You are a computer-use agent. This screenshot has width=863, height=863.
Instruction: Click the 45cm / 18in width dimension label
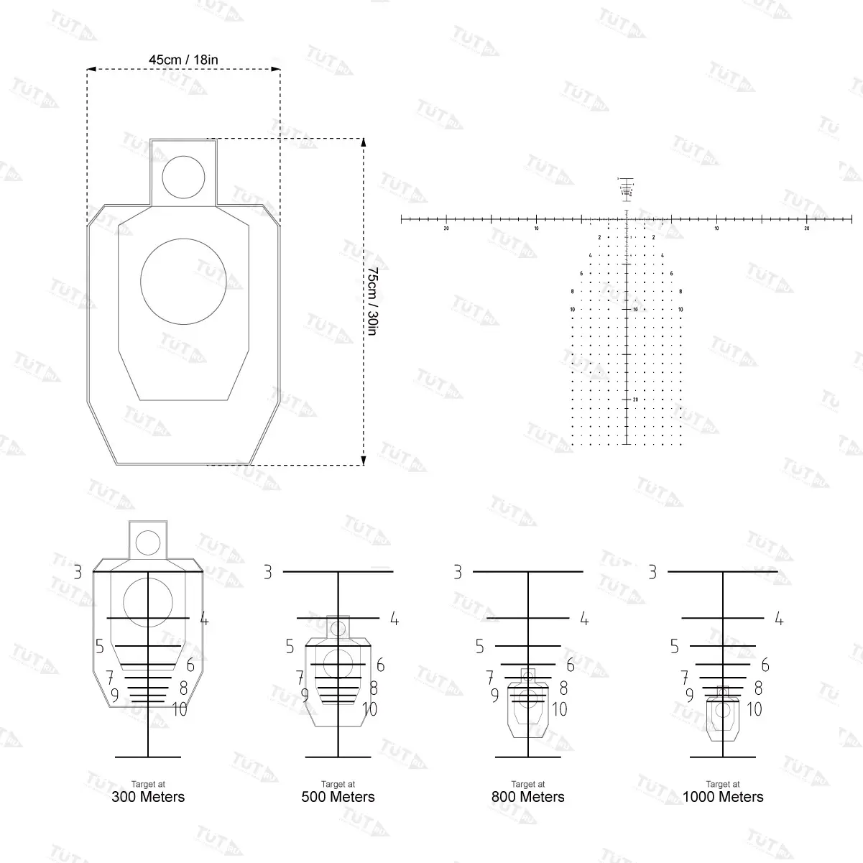(183, 60)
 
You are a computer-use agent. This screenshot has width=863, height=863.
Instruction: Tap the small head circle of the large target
(184, 177)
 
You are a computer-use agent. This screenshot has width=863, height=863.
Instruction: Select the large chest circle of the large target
(183, 281)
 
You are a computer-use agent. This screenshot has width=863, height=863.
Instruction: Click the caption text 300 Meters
(148, 797)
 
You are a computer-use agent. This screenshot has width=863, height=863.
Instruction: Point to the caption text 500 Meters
(338, 797)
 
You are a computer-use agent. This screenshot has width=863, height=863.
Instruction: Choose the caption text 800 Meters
(527, 797)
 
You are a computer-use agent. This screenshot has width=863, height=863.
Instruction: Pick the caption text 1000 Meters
(722, 797)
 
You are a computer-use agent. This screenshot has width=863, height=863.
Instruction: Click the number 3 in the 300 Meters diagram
(78, 573)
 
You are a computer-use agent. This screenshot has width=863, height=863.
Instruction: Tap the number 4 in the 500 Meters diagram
(394, 619)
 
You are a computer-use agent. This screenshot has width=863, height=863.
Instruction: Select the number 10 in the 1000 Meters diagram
(754, 709)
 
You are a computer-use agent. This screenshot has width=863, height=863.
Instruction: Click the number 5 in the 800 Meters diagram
(480, 647)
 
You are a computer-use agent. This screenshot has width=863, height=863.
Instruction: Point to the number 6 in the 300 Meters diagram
(190, 665)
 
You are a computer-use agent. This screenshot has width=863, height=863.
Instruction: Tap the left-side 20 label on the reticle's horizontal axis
(446, 229)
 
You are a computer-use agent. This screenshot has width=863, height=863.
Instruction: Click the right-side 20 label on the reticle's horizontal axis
(806, 229)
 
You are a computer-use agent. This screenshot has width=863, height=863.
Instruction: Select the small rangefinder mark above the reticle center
(627, 188)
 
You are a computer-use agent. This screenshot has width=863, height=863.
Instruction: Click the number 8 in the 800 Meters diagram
(563, 688)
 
